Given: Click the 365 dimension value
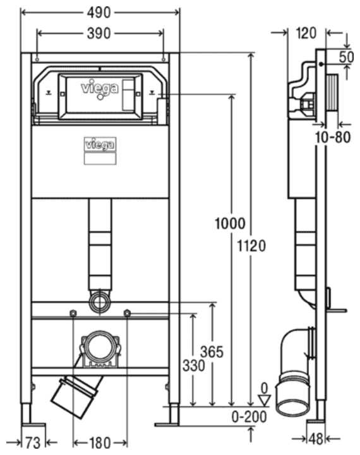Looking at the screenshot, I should click(212, 351).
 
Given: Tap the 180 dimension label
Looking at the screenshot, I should click(100, 442).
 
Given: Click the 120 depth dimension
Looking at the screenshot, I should click(306, 33).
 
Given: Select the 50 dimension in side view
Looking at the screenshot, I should click(345, 55).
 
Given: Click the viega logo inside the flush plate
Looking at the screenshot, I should click(100, 88).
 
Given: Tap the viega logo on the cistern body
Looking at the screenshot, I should click(100, 144).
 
